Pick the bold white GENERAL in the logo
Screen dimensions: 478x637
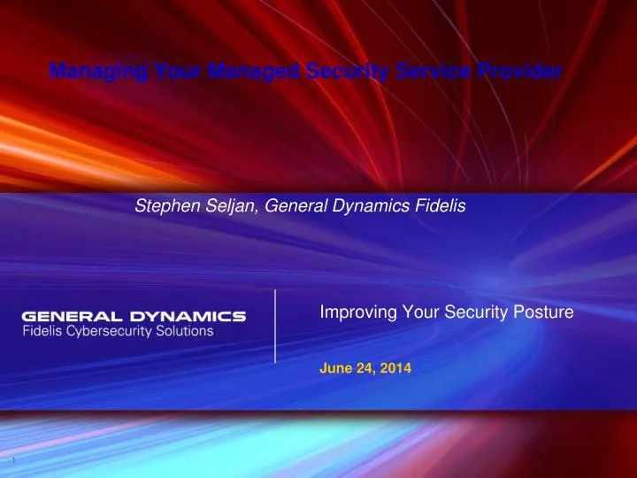(x=73, y=316)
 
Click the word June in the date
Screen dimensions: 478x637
(x=335, y=367)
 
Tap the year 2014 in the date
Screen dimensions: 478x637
(x=395, y=367)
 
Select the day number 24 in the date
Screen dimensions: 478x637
(x=365, y=367)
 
